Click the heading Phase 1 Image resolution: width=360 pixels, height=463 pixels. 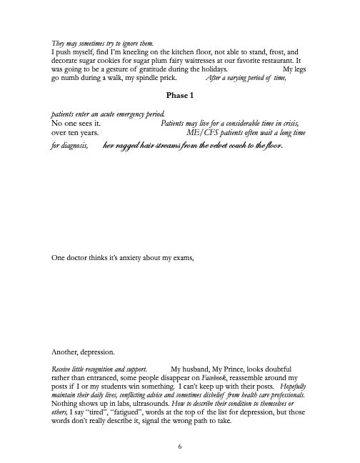(179, 95)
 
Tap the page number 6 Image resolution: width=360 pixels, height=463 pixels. (180, 444)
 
